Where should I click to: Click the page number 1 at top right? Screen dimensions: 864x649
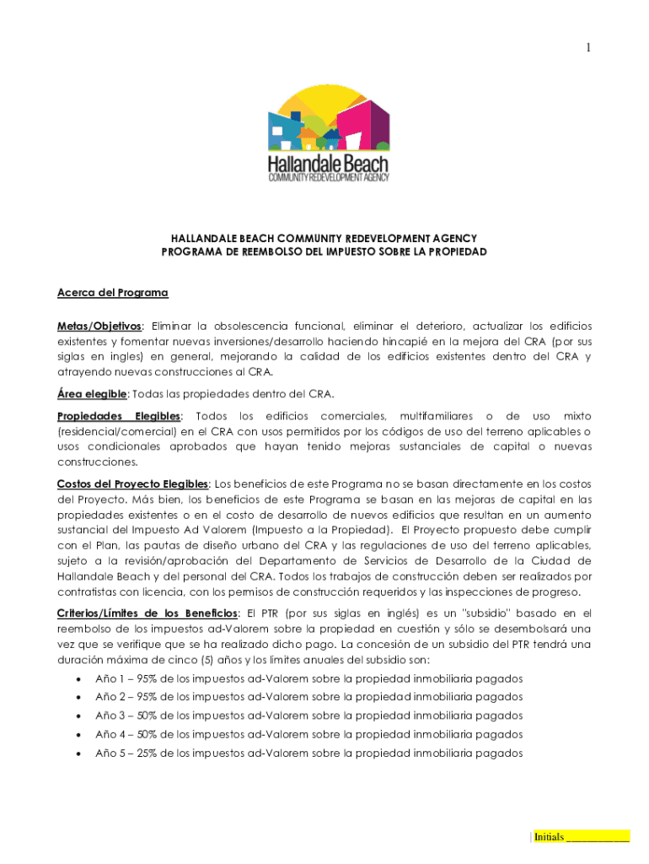588,48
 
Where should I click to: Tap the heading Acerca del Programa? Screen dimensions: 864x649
112,293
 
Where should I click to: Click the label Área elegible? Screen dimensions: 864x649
92,394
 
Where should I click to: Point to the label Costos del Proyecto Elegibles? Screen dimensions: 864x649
132,483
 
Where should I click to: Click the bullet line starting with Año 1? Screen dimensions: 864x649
308,678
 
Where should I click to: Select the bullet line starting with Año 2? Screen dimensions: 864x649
308,697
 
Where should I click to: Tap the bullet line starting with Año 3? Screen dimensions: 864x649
308,715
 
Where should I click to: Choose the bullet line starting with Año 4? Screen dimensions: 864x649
308,734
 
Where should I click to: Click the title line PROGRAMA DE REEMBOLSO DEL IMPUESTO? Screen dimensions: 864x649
324,252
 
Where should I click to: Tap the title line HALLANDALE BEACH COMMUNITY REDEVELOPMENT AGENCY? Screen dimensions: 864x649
324,239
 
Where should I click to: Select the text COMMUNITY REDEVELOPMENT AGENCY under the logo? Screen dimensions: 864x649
328,177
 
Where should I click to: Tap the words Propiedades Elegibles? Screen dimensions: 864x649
118,416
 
